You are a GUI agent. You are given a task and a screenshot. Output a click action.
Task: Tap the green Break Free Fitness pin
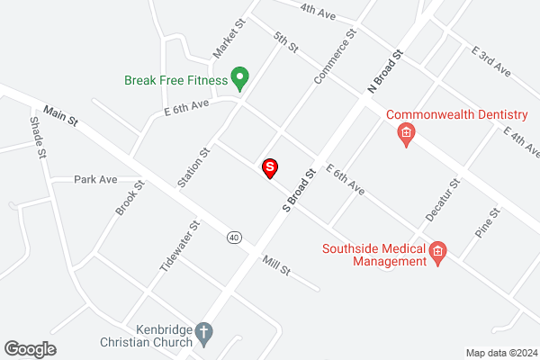pos(239,79)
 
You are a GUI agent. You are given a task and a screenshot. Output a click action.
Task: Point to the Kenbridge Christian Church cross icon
pos(204,334)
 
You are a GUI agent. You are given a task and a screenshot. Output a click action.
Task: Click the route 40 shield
pos(234,237)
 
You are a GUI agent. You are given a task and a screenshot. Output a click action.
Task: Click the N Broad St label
pos(383,70)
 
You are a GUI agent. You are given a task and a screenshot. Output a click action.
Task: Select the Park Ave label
pos(96,179)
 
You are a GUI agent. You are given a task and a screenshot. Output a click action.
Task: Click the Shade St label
pos(38,138)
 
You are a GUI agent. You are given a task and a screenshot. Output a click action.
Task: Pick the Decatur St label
pos(443,199)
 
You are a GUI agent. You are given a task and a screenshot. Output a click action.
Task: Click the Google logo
pos(30,348)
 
